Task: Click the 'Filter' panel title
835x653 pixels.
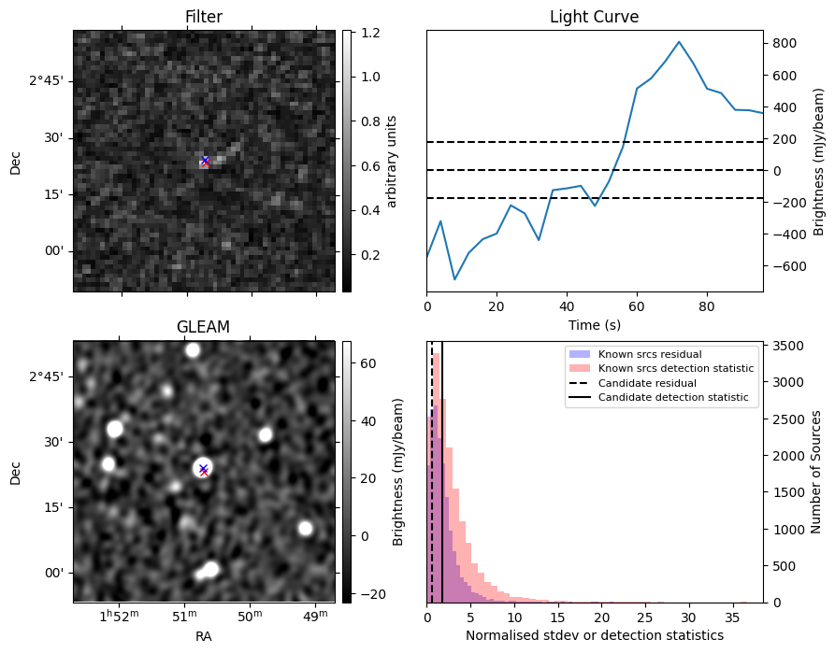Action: coord(204,17)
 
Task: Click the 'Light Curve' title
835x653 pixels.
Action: coord(594,17)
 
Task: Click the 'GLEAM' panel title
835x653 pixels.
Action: coord(203,327)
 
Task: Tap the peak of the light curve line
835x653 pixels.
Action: coord(679,42)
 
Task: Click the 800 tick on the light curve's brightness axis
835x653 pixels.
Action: coord(783,43)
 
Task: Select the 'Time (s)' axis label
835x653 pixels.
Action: coord(594,324)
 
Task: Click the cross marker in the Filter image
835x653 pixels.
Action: coord(205,161)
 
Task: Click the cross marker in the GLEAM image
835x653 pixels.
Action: coord(203,469)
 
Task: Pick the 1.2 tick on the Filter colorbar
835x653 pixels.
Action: coord(370,33)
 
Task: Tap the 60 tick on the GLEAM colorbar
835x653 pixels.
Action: coord(368,363)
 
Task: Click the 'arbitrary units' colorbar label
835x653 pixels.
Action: coord(392,161)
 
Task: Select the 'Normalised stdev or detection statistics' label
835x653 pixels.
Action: coord(594,635)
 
